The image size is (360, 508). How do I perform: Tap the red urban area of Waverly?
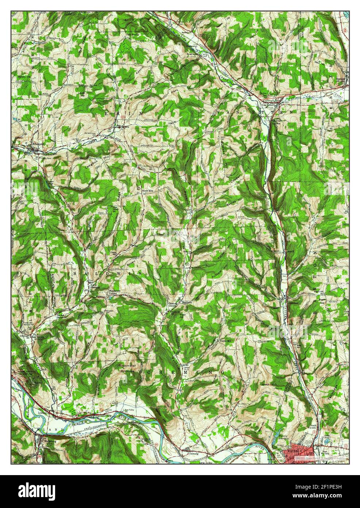pos(299,452)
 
